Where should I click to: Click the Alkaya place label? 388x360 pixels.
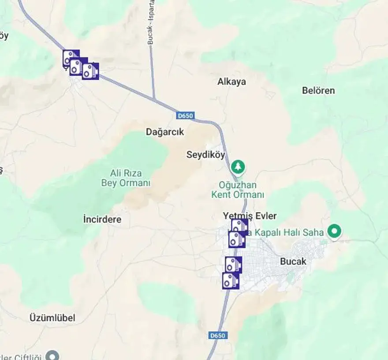point(231,82)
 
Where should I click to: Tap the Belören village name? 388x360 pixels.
point(318,90)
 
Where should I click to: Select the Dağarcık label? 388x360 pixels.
point(165,132)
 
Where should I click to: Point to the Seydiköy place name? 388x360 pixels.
point(206,155)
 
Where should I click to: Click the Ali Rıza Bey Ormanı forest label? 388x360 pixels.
point(126,178)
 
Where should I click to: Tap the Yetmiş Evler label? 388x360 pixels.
point(250,216)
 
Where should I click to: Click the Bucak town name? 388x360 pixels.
point(293,261)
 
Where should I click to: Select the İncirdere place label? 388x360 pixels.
point(102,219)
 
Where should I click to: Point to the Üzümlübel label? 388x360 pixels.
point(52,318)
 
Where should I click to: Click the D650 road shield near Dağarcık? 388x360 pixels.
point(185,116)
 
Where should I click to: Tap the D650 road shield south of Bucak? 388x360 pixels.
point(217,336)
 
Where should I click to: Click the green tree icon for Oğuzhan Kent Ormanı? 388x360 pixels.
point(239,167)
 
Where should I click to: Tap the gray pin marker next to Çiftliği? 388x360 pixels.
point(53,355)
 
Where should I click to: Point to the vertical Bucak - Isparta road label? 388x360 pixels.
point(151,22)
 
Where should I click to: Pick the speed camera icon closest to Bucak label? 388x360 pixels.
point(233,265)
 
